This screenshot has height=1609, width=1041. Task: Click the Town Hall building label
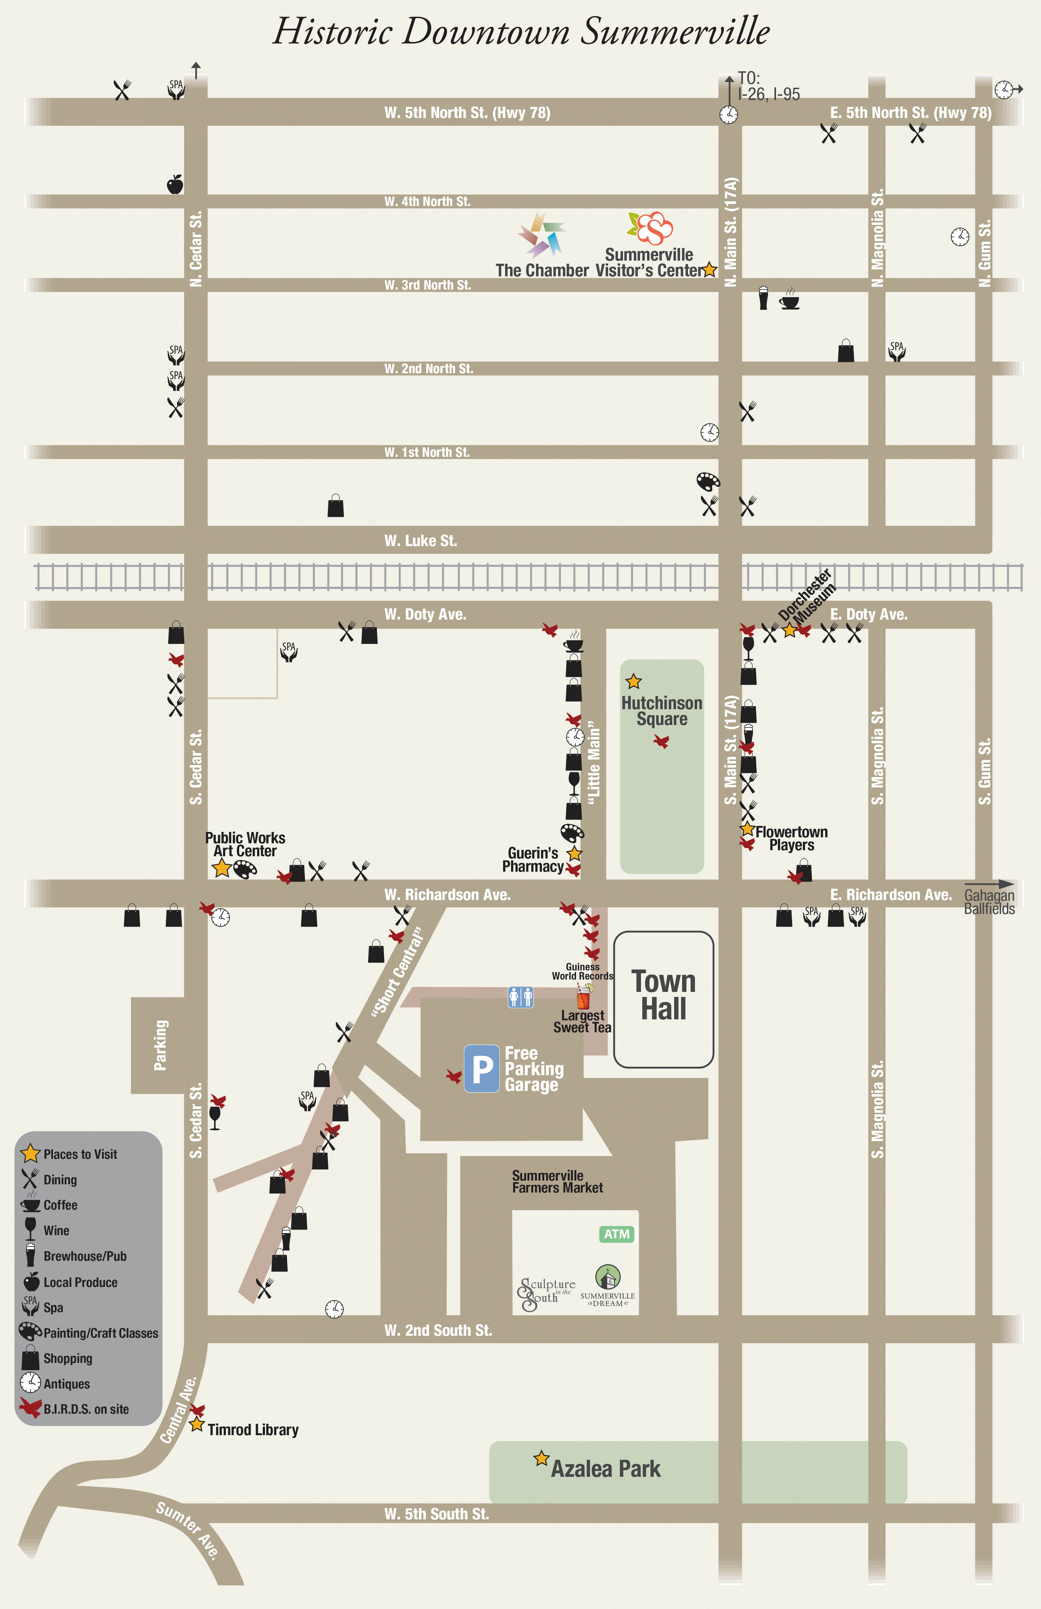point(664,995)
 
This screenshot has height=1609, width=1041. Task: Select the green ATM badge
point(616,1234)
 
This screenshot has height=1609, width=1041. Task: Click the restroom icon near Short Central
point(520,997)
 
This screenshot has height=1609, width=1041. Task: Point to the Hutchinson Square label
point(662,710)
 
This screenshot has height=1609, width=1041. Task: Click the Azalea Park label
point(606,1468)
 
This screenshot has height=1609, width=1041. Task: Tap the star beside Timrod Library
point(197,1424)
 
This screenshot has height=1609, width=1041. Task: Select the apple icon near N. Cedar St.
point(175,184)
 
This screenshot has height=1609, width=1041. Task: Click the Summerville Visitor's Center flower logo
point(651,228)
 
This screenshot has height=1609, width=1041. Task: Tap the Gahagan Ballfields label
point(989,902)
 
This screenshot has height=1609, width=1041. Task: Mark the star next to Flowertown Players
point(747,829)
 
